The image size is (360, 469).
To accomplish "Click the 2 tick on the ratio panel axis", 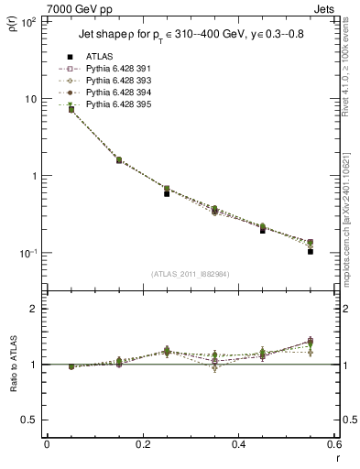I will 34,310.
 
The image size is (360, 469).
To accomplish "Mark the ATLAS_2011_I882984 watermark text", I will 191,273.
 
